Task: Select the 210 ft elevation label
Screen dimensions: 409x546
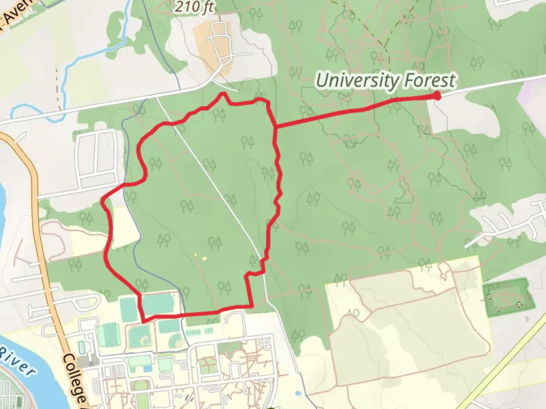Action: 194,7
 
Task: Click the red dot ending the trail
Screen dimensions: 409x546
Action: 437,96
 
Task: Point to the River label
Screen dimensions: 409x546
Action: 17,362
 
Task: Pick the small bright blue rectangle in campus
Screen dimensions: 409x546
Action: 147,368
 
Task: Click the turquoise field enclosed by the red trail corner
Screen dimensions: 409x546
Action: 158,304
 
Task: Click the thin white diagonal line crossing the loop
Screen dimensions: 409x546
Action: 212,182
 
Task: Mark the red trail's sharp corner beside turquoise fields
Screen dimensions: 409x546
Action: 143,321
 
